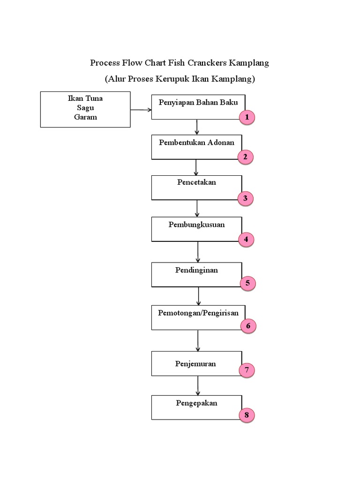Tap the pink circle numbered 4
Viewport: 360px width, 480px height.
coord(246,240)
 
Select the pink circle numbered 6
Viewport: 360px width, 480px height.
coord(248,326)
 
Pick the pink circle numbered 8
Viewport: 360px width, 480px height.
coord(246,415)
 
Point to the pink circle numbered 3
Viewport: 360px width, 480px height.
coord(245,198)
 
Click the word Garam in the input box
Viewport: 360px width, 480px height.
coord(85,117)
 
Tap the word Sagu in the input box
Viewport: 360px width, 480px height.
coord(85,108)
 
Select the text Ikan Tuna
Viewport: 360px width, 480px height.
coord(85,99)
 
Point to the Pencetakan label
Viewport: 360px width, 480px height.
coord(196,182)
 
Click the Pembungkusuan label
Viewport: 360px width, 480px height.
coord(196,225)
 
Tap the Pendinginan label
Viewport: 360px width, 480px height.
coord(196,270)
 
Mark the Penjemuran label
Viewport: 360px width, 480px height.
coord(195,364)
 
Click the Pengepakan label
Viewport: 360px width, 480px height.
coord(196,403)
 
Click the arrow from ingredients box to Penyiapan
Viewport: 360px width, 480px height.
coord(141,110)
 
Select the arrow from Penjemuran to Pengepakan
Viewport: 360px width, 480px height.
coord(198,385)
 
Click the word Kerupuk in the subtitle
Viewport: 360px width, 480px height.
coord(172,79)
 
